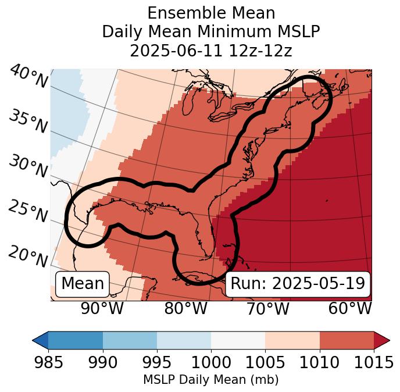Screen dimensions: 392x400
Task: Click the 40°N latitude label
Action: point(28,77)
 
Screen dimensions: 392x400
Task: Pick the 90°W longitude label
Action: point(102,308)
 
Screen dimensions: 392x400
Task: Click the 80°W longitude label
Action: point(185,308)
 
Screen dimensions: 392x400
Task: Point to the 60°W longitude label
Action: point(349,308)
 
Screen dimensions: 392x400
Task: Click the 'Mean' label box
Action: point(83,284)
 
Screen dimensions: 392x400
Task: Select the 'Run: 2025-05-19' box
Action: point(298,284)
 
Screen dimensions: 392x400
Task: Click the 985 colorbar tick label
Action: point(48,363)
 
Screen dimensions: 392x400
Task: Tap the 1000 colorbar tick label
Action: point(211,363)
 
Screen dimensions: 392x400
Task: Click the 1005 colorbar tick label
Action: point(265,363)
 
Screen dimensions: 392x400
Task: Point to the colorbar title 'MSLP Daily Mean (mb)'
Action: point(210,380)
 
